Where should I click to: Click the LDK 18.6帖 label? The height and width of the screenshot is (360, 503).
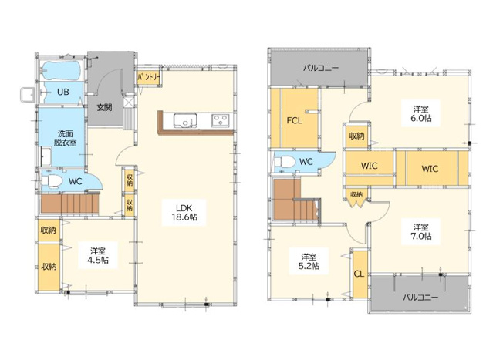coord(184,213)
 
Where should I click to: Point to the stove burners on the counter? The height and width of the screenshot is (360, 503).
coord(221,120)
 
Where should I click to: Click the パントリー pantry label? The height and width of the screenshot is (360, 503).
coord(149,78)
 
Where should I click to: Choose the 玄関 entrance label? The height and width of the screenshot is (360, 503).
coord(105,107)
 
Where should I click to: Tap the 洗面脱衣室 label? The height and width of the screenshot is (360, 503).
coord(66,138)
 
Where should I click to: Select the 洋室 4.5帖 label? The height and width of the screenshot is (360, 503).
coord(98,255)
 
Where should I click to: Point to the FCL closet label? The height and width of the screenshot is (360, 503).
coord(294,121)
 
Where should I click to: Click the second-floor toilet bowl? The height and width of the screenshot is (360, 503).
coord(285,162)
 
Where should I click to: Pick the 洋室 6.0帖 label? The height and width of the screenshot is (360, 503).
coord(421,113)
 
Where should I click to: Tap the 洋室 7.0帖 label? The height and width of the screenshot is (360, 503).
coord(421,232)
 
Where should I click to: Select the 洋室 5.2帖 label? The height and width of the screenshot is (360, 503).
coord(309,261)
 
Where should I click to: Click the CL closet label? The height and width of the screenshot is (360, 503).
coord(359,274)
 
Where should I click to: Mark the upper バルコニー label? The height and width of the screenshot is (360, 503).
coord(321,68)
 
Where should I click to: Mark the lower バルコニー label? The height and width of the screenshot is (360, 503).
coord(420,297)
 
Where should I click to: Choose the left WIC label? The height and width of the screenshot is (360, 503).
coord(370,166)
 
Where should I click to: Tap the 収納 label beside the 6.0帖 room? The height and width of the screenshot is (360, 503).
coord(356,136)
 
